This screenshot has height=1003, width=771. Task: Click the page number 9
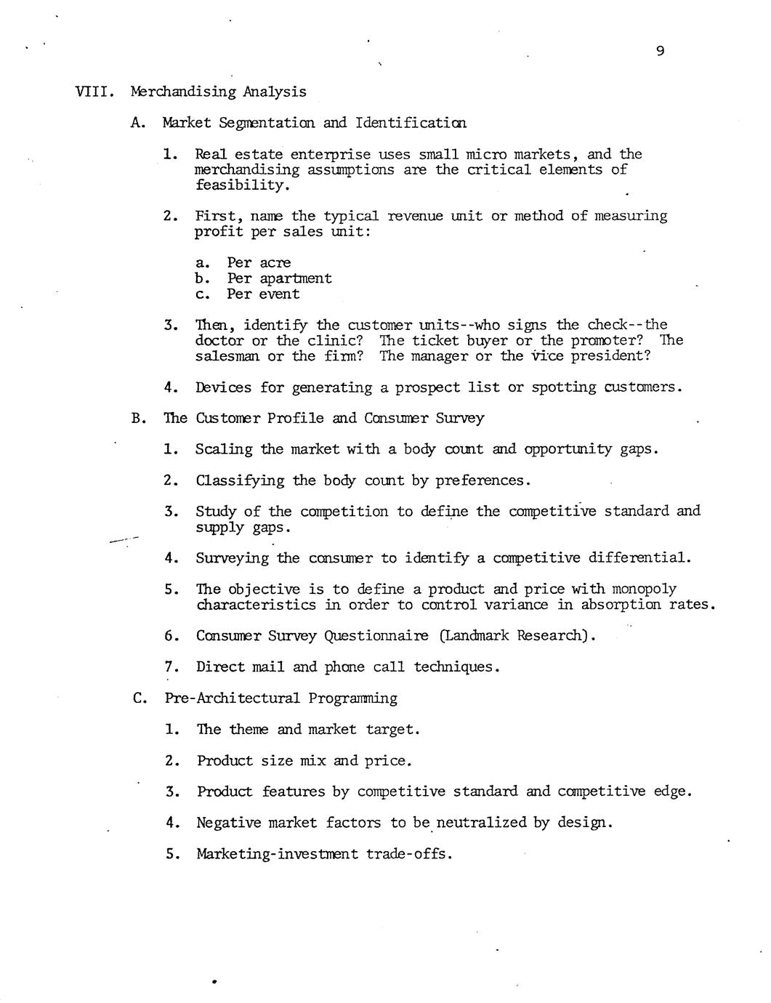(x=659, y=51)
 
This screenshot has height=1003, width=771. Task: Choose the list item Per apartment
(x=279, y=278)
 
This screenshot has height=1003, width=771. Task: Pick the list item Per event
(x=263, y=294)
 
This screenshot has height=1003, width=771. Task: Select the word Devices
(x=224, y=387)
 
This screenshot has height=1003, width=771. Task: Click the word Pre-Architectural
(x=232, y=698)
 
